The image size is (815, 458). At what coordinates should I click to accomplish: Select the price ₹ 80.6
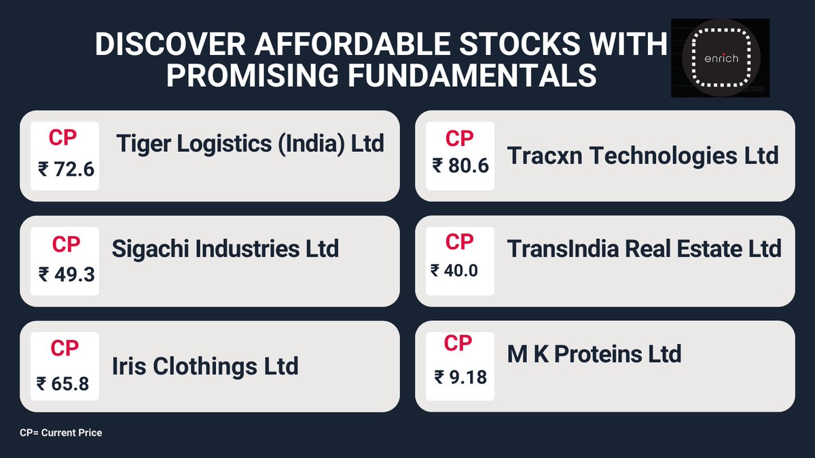pyautogui.click(x=460, y=165)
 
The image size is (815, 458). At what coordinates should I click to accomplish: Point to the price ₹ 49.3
pyautogui.click(x=66, y=275)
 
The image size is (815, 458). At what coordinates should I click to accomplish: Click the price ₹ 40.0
pyautogui.click(x=454, y=271)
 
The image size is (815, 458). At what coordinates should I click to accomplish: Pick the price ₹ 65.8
pyautogui.click(x=63, y=383)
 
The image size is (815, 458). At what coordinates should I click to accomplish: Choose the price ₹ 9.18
pyautogui.click(x=460, y=376)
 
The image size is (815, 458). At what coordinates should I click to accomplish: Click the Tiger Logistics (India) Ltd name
pyautogui.click(x=250, y=143)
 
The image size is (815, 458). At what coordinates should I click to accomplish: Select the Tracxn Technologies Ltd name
pyautogui.click(x=642, y=156)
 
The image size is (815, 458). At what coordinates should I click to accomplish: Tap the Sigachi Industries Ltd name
pyautogui.click(x=225, y=248)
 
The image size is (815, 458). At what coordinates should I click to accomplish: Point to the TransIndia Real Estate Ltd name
pyautogui.click(x=644, y=248)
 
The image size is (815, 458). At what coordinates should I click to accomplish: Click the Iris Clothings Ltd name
pyautogui.click(x=205, y=366)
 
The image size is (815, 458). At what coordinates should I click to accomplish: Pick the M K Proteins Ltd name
pyautogui.click(x=594, y=354)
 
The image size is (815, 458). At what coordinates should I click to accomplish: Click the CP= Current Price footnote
pyautogui.click(x=61, y=432)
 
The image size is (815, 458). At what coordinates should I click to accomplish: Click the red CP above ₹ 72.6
pyautogui.click(x=63, y=138)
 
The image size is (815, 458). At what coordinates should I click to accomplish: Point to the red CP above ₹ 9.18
pyautogui.click(x=458, y=344)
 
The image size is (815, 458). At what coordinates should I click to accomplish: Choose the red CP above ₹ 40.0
pyautogui.click(x=460, y=241)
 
